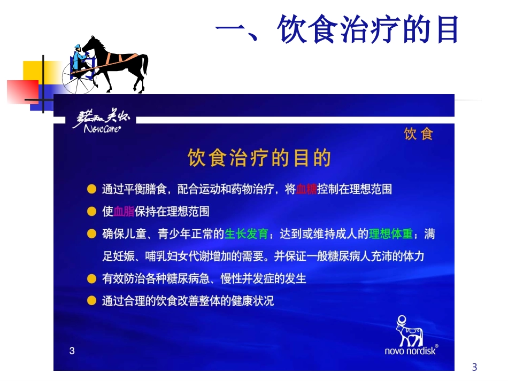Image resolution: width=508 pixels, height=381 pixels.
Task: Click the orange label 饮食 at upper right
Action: (x=418, y=134)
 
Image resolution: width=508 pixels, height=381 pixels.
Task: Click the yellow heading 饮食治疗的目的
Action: (x=259, y=158)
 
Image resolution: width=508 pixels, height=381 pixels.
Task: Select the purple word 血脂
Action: (x=125, y=212)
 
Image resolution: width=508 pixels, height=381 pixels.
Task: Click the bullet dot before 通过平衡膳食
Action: (x=92, y=189)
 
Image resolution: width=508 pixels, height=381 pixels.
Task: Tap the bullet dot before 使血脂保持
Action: (x=92, y=212)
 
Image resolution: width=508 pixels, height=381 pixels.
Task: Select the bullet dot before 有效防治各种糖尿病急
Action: (x=92, y=279)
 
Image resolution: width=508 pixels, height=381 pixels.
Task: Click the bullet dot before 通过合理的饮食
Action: (x=92, y=301)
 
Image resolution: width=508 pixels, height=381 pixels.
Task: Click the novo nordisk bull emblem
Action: (x=409, y=331)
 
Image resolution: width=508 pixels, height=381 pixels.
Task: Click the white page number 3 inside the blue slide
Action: (x=72, y=351)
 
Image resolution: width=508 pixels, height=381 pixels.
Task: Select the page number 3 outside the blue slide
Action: (x=474, y=367)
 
